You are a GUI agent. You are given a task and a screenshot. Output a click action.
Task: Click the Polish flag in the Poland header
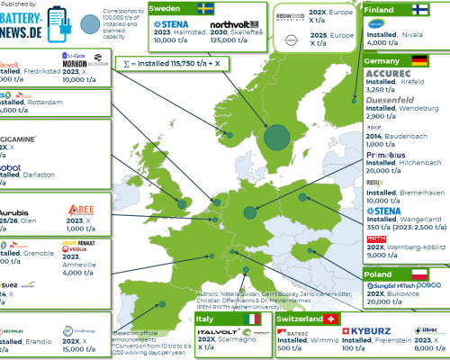418,273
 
